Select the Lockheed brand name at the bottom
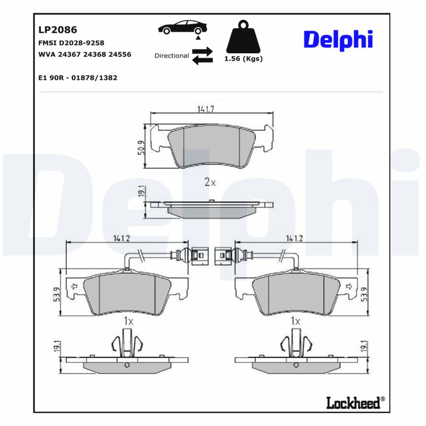[353, 402]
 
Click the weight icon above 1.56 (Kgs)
[244, 37]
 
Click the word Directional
[171, 55]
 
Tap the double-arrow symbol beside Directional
[202, 55]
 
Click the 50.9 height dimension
[141, 147]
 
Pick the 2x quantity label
[210, 182]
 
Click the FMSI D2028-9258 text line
[71, 43]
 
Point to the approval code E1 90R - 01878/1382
[78, 78]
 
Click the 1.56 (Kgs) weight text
[244, 59]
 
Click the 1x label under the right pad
[296, 322]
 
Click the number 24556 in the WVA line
[120, 54]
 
